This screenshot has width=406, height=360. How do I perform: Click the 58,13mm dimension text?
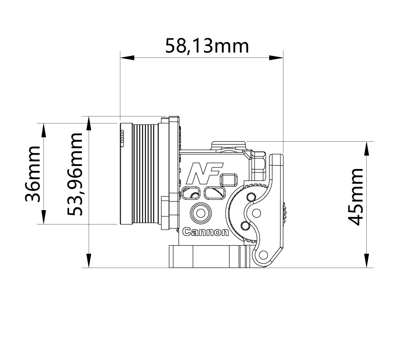coord(207,46)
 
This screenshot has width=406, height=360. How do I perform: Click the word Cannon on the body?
coord(206,233)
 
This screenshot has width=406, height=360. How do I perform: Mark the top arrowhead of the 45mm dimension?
coord(367,148)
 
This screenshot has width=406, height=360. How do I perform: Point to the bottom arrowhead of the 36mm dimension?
coord(44,218)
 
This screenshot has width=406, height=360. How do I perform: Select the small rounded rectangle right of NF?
coord(229,180)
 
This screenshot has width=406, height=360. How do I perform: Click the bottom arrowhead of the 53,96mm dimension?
coord(89,261)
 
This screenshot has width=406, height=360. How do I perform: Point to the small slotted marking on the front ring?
coord(122,140)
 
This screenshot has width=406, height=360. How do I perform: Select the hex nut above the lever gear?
coord(259,164)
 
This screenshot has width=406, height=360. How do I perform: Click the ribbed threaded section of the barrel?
coord(145,173)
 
